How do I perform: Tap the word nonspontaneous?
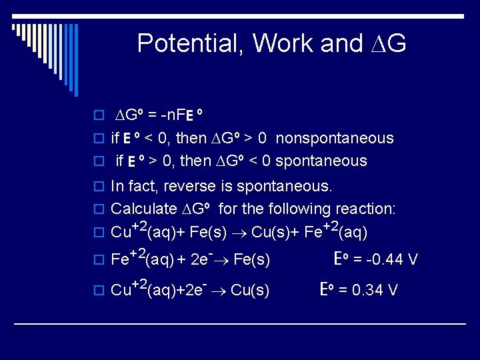click(x=335, y=139)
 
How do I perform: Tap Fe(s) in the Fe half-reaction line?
click(x=252, y=259)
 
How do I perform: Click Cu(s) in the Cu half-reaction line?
click(x=250, y=290)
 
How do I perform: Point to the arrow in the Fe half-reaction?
click(x=224, y=259)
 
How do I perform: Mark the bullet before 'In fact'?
click(x=99, y=186)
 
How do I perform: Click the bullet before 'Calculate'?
click(x=99, y=210)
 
